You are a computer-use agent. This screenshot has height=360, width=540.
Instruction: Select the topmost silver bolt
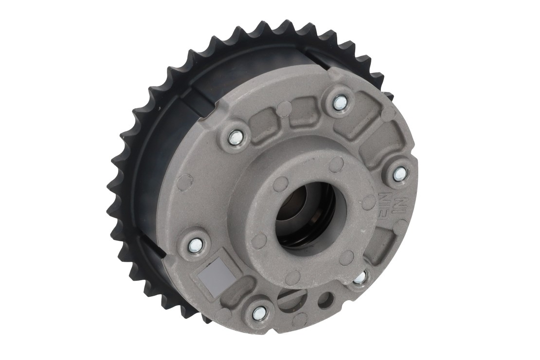tap(340, 102)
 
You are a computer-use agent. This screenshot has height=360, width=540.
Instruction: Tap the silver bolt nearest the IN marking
tap(399, 173)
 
